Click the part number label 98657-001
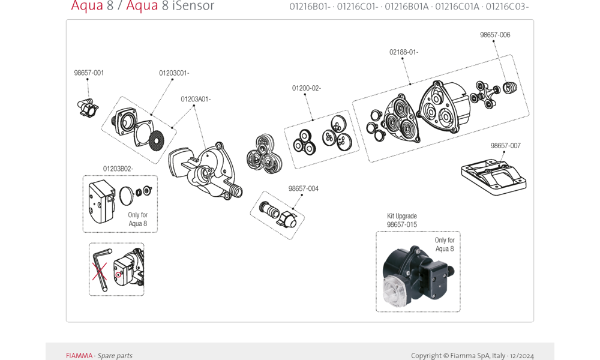pyautogui.click(x=89, y=73)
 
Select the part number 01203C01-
pyautogui.click(x=174, y=73)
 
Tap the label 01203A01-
pyautogui.click(x=196, y=99)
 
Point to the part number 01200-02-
pyautogui.click(x=307, y=88)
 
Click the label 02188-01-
pyautogui.click(x=404, y=52)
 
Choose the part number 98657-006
pyautogui.click(x=495, y=35)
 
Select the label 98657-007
pyautogui.click(x=506, y=146)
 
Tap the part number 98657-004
pyautogui.click(x=304, y=188)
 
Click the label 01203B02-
pyautogui.click(x=118, y=169)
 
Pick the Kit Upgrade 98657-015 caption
pyautogui.click(x=402, y=220)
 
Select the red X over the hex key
pyautogui.click(x=98, y=271)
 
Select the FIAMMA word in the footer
pyautogui.click(x=79, y=356)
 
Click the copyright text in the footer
pyautogui.click(x=472, y=356)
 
